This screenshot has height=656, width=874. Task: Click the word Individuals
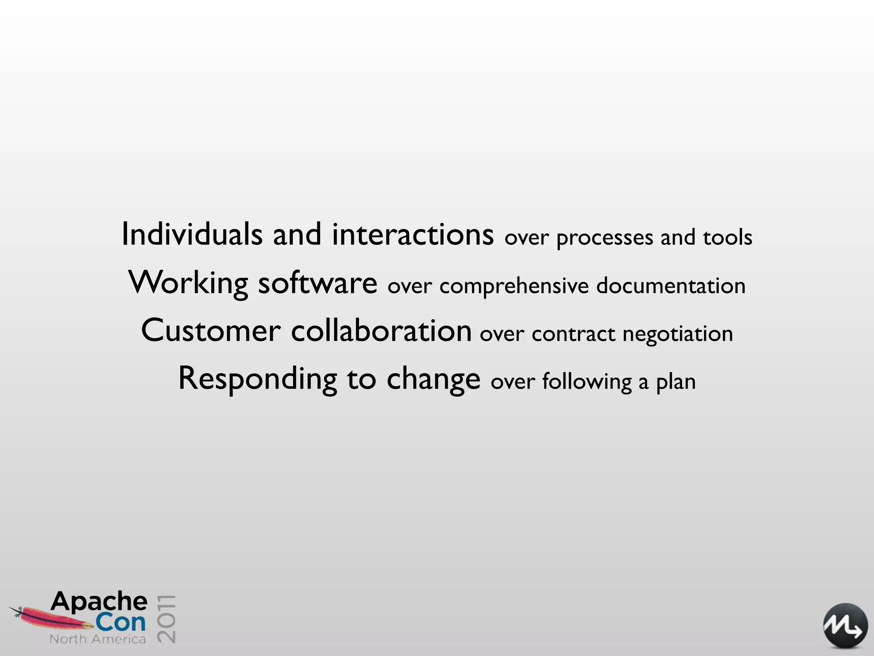pos(192,234)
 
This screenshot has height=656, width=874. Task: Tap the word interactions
pos(413,234)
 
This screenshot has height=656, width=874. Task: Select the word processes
pos(604,238)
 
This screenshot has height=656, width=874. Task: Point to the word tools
pos(727,237)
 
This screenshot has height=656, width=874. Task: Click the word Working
pos(188,283)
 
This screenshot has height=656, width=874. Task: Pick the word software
pos(318,283)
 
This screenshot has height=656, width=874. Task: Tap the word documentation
pos(670,285)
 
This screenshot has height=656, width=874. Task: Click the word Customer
pos(211,331)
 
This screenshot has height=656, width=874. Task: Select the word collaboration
pos(381,331)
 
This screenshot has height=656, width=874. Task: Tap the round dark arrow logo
pos(845,625)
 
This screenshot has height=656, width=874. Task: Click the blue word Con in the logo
pos(120,622)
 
